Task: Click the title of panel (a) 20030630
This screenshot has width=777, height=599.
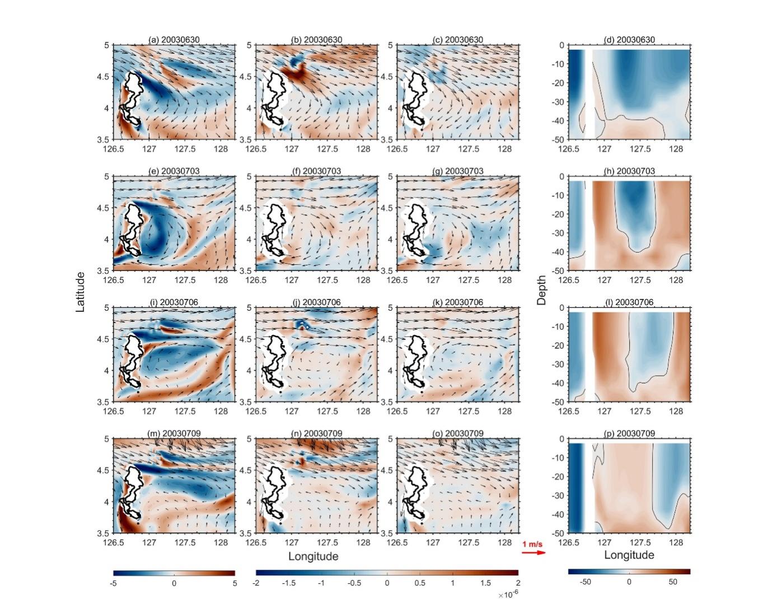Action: (x=174, y=40)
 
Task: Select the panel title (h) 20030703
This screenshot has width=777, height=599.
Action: (x=629, y=171)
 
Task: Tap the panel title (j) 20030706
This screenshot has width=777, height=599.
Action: (x=316, y=302)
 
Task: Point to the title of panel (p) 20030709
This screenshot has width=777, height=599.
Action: (x=629, y=433)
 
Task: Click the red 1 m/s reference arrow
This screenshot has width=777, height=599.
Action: (x=533, y=553)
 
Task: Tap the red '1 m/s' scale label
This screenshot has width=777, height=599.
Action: (x=532, y=544)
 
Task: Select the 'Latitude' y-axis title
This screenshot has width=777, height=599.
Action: (x=81, y=292)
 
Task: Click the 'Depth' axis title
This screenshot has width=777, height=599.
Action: (x=541, y=290)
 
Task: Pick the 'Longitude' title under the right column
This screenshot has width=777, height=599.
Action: (x=629, y=555)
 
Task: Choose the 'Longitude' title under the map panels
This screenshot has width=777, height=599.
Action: (x=313, y=556)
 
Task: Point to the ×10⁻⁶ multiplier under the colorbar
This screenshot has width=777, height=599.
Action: (x=508, y=594)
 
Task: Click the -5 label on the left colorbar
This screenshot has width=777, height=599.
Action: (x=114, y=583)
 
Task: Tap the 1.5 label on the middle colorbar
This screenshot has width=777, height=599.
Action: (x=485, y=583)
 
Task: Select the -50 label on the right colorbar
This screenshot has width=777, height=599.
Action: (x=585, y=582)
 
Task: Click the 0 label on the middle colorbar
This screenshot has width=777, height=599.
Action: (x=387, y=583)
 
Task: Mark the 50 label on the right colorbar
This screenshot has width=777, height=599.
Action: (x=673, y=582)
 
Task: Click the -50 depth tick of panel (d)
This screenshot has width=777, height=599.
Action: (x=558, y=139)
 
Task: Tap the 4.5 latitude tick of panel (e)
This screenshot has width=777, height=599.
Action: (x=104, y=208)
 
